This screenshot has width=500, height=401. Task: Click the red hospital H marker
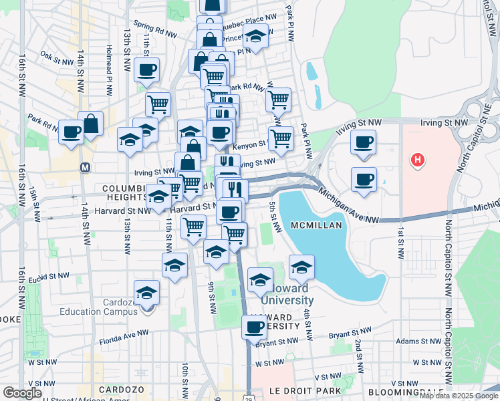418,160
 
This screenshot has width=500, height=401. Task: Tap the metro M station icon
85,166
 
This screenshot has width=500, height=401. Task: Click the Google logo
22,393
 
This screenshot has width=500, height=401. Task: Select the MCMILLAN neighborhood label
317,226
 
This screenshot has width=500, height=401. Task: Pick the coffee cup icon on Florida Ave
255,327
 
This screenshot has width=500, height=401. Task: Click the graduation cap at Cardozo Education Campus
147,292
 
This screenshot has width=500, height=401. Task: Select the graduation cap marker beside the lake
301,267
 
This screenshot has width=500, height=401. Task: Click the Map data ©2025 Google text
459,396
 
